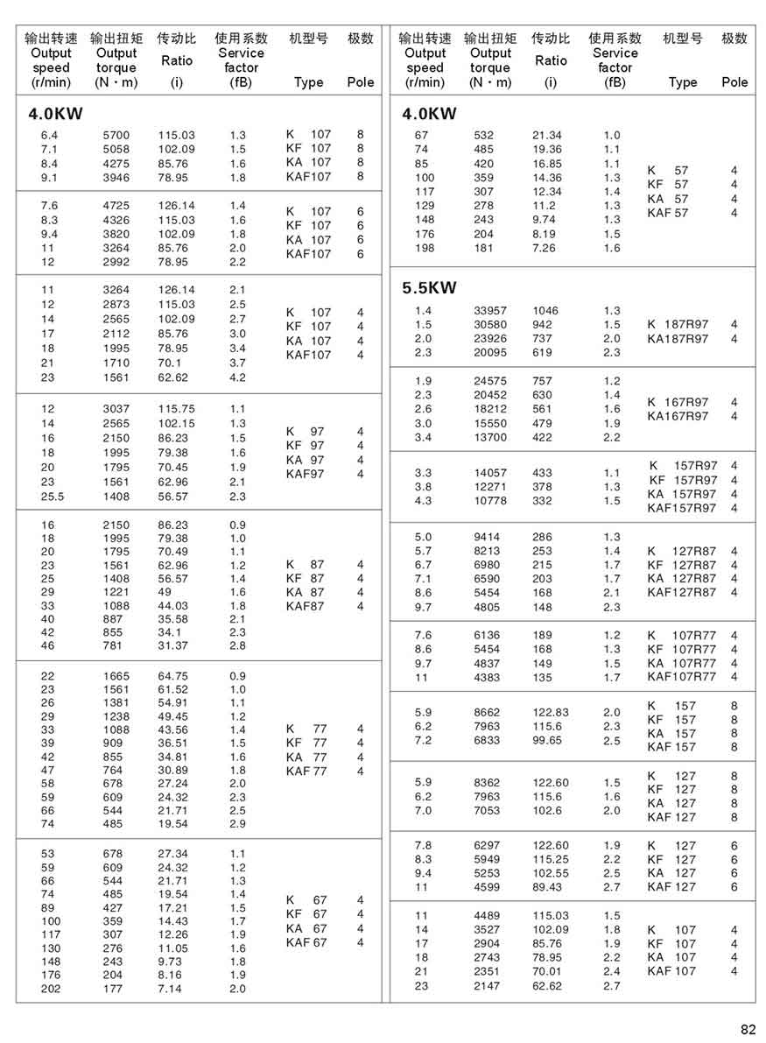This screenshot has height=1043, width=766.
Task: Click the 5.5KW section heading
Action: click(x=429, y=288)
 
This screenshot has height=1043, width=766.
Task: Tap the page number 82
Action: click(x=747, y=1029)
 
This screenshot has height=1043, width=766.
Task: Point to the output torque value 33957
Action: click(x=491, y=311)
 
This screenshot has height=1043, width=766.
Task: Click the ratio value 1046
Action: click(x=545, y=311)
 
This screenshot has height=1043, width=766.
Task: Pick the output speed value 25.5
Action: click(x=52, y=497)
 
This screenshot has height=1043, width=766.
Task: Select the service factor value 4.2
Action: click(x=237, y=377)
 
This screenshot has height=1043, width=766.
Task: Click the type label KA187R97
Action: click(x=678, y=339)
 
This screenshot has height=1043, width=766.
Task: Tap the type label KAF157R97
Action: click(x=681, y=508)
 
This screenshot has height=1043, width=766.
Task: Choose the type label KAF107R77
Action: click(x=681, y=677)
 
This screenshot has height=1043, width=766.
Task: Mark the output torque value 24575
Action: click(x=491, y=381)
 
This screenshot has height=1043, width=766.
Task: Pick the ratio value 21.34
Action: click(x=547, y=135)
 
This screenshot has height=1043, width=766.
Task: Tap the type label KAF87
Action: click(x=305, y=606)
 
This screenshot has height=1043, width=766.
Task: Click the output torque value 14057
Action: click(x=491, y=473)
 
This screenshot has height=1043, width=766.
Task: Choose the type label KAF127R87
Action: click(x=681, y=593)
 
